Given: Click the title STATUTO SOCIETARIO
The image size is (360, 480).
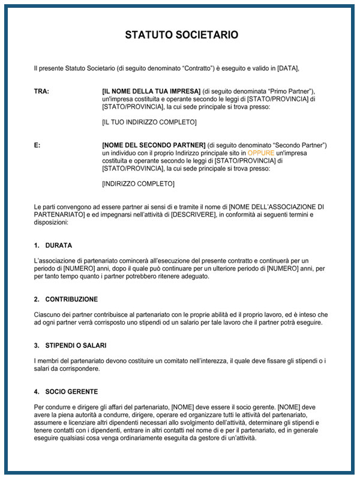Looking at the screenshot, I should pos(181,35).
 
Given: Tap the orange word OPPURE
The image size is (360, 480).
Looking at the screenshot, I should pos(260,153).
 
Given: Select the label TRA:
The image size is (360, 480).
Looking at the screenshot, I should pos(41,91).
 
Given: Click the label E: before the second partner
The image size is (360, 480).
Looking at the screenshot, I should pos(37,146).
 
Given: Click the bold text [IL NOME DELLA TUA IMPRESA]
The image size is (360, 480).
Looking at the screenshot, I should pos(151,91).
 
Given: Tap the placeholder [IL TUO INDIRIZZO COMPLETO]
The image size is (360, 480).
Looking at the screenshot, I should pos(149,122).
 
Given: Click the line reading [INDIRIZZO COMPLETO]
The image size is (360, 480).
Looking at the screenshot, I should pos(139,184).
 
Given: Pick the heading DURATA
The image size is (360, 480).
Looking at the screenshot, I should pos(59,245).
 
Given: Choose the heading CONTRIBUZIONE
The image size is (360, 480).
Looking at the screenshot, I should pos(71,299).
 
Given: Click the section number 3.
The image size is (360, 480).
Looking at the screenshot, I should pos(37,345).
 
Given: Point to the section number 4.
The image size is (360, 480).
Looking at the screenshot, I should pos(37,392).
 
